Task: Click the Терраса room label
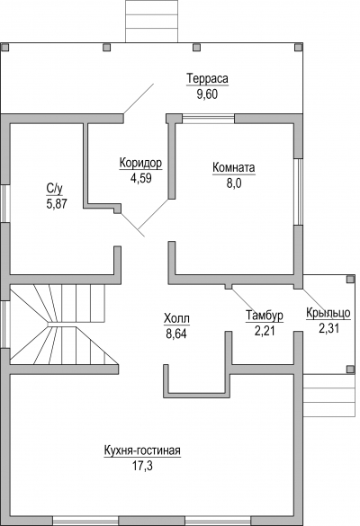pyautogui.click(x=207, y=79)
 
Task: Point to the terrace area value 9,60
pyautogui.click(x=207, y=94)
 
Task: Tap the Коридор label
pyautogui.click(x=140, y=163)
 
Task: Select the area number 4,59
pyautogui.click(x=141, y=178)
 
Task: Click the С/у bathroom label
pyautogui.click(x=54, y=189)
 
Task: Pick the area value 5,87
pyautogui.click(x=57, y=203)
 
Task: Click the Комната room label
pyautogui.click(x=234, y=168)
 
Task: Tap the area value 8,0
pyautogui.click(x=234, y=183)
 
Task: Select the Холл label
pyautogui.click(x=176, y=318)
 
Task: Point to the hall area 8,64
pyautogui.click(x=176, y=334)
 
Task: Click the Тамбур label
pyautogui.click(x=265, y=316)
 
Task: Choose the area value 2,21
pyautogui.click(x=265, y=331)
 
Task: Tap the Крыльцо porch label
pyautogui.click(x=328, y=313)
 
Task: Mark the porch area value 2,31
pyautogui.click(x=328, y=328)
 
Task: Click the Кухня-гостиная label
pyautogui.click(x=142, y=450)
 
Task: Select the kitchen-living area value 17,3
pyautogui.click(x=142, y=466)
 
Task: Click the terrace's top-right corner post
pyautogui.click(x=299, y=48)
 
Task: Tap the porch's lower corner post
pyautogui.click(x=350, y=370)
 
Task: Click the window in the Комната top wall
pyautogui.click(x=208, y=119)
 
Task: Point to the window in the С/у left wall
pyautogui.click(x=5, y=203)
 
